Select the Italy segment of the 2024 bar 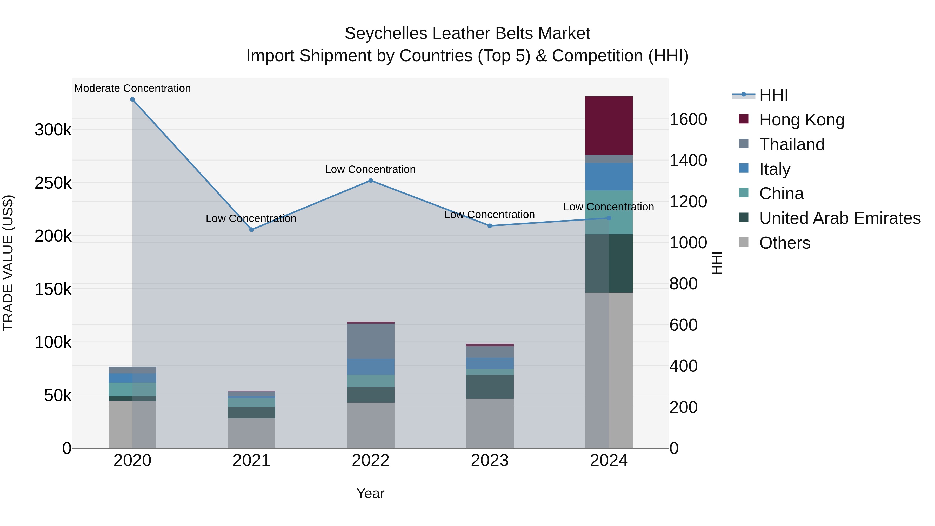(609, 176)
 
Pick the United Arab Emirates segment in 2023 (490, 387)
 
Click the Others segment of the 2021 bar (251, 433)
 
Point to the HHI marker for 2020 (132, 99)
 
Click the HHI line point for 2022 (371, 181)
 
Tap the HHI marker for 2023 (490, 226)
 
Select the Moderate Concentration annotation (132, 88)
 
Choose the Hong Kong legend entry (802, 120)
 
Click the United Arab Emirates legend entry (839, 218)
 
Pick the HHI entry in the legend (773, 95)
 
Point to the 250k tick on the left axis (53, 183)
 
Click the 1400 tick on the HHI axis (688, 161)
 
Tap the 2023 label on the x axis (490, 461)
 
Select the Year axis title (370, 493)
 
